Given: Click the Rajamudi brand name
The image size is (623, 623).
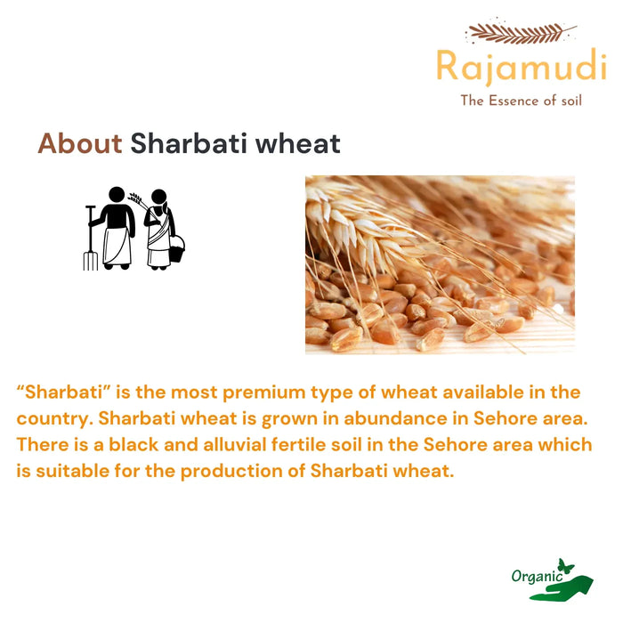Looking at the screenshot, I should (521, 68).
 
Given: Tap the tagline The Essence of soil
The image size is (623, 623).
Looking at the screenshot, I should (521, 101).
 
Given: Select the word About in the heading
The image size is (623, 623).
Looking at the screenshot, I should (79, 143).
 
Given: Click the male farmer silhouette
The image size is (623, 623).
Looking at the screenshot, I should (117, 227).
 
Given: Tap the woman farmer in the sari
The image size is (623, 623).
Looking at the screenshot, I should (159, 229).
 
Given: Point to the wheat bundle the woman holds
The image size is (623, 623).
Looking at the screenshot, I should (136, 199).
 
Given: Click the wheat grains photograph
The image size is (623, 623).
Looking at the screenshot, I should (440, 264).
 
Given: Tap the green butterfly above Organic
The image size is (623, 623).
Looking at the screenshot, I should (563, 566).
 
